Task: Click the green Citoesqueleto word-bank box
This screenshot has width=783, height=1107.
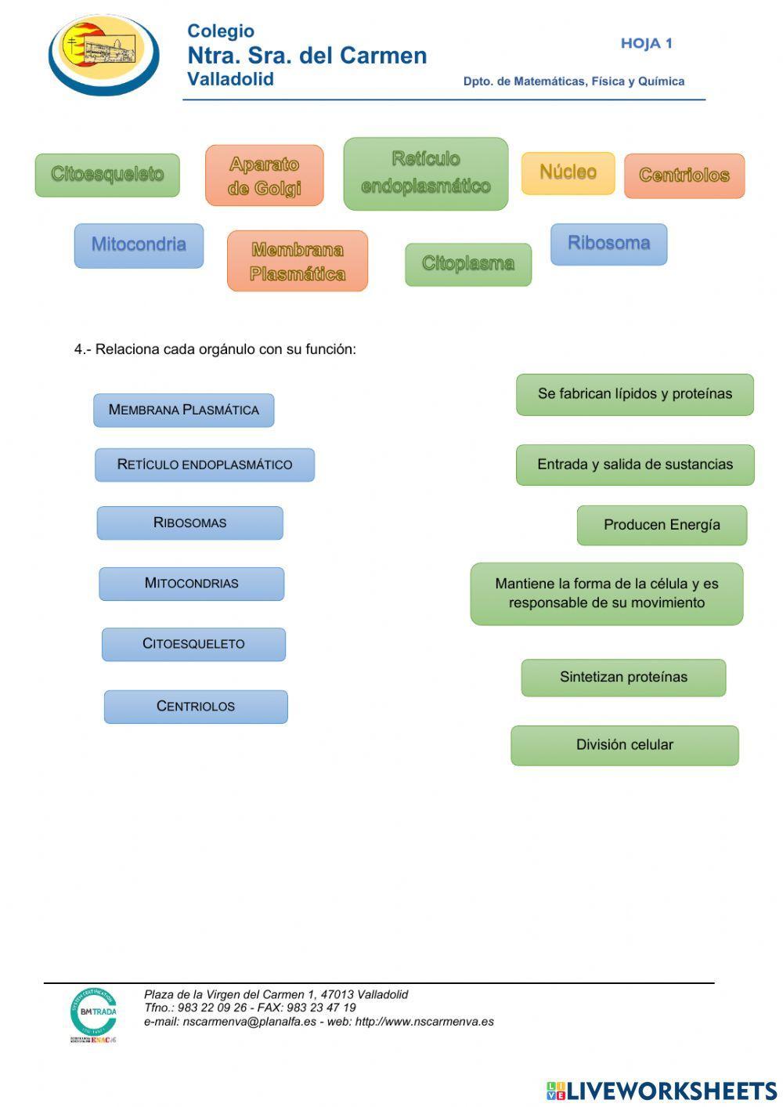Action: (107, 175)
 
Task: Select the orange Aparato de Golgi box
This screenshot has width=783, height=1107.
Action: (264, 175)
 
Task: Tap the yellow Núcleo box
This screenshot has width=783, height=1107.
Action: (568, 172)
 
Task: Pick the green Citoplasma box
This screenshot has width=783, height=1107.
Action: (467, 264)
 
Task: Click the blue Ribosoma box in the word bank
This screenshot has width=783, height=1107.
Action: (608, 244)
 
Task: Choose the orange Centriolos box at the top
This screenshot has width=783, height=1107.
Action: (684, 175)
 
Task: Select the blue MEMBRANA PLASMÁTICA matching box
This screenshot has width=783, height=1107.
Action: (183, 410)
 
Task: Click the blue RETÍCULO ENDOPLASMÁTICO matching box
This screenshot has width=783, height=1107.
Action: (204, 465)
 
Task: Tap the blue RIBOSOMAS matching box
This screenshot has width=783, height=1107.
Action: (189, 523)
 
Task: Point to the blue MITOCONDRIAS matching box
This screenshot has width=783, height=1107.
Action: (191, 584)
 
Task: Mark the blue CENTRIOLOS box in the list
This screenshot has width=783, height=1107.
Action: (196, 707)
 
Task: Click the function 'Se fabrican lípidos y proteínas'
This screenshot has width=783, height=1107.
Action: (634, 394)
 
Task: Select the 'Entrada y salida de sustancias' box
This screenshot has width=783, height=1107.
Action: (634, 465)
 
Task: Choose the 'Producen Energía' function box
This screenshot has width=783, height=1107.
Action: (662, 525)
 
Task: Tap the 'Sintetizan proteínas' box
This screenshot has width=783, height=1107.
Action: (623, 677)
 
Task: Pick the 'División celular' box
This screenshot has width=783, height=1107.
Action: (624, 745)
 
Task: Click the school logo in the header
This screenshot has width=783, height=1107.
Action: (104, 55)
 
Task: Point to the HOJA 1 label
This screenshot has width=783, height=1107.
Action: (646, 44)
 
